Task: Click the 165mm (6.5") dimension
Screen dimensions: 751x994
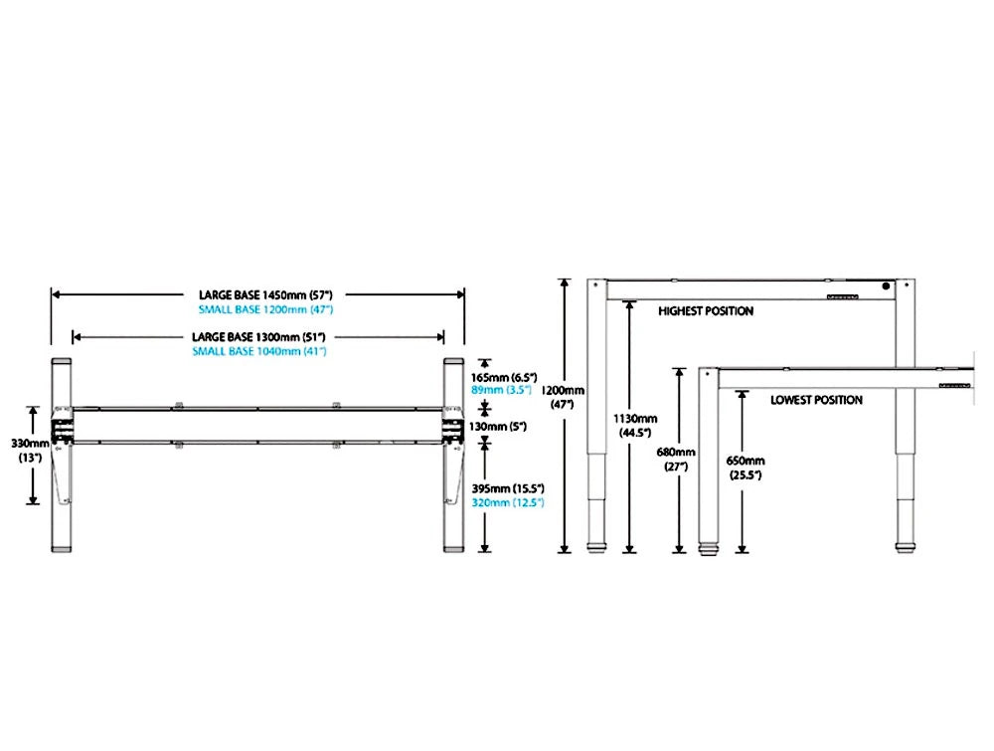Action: [x=503, y=378]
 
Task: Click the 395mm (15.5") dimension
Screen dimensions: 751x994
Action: [x=506, y=489]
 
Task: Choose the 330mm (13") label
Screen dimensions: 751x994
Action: [x=31, y=451]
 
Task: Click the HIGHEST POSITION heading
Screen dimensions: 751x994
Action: [x=706, y=311]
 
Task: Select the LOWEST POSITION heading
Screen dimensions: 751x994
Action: [x=816, y=400]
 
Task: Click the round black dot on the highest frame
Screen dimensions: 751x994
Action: [x=888, y=287]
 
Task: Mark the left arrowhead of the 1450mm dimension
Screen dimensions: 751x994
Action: [x=56, y=294]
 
